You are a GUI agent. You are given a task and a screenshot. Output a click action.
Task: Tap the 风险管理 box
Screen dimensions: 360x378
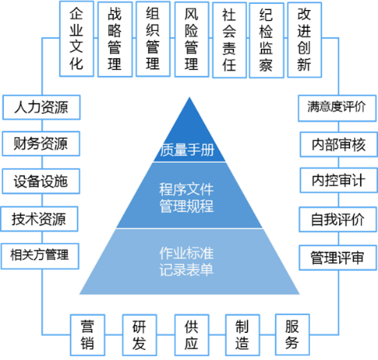(191, 38)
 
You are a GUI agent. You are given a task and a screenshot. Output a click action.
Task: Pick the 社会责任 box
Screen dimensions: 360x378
(229, 38)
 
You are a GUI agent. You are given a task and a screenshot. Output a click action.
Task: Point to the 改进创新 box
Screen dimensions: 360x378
(304, 38)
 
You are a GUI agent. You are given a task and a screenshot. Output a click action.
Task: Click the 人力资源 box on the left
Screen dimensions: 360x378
(40, 107)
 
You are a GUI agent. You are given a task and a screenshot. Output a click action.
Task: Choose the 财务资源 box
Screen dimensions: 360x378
(40, 143)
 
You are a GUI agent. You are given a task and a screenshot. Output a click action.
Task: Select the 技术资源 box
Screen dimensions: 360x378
(40, 218)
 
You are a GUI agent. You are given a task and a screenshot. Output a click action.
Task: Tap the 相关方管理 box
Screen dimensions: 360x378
(40, 254)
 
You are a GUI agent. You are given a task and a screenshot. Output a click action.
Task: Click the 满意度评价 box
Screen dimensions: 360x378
(337, 107)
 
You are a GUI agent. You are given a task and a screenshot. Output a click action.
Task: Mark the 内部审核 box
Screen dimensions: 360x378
(337, 144)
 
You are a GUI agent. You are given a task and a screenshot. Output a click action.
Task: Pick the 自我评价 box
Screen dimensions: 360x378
(337, 219)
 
